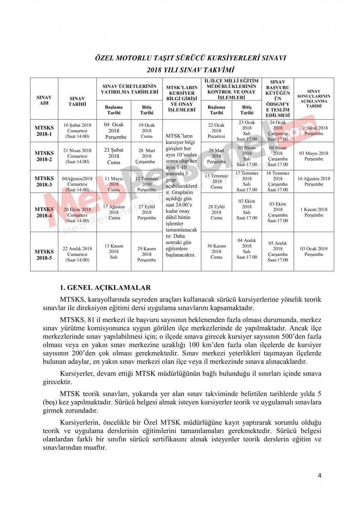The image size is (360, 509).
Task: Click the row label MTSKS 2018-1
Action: [x=44, y=131]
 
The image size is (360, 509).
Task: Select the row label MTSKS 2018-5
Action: [x=44, y=254]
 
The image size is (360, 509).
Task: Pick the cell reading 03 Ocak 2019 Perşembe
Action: [x=314, y=251]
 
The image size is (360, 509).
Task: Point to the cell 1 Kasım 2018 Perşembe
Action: [x=314, y=212]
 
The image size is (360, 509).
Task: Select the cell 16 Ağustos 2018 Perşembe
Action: [x=314, y=181]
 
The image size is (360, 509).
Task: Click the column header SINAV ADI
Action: [x=44, y=100]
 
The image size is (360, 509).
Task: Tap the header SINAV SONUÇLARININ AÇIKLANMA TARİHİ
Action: [x=314, y=99]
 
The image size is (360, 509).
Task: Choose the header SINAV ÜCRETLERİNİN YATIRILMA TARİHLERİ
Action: [x=129, y=89]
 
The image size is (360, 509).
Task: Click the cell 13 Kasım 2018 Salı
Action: [x=114, y=251]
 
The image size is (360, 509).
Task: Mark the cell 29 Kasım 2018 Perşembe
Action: [x=147, y=254]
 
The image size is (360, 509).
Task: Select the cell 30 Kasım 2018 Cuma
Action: [x=216, y=251]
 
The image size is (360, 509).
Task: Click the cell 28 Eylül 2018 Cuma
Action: [x=216, y=212]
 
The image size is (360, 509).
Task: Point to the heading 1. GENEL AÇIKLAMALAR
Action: [x=105, y=288]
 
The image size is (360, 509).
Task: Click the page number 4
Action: [x=320, y=475]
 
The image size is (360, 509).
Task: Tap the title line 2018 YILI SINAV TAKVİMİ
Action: [x=190, y=70]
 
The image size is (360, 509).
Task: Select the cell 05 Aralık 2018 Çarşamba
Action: [x=278, y=251]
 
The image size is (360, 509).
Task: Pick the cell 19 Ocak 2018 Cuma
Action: [x=147, y=131]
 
